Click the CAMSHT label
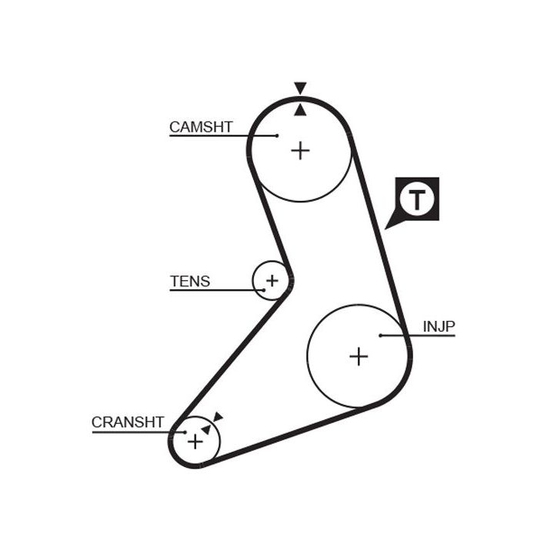point(201,127)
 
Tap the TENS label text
point(189,282)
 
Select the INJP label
point(439,327)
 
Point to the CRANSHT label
point(128,422)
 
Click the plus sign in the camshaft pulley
point(300,149)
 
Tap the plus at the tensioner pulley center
point(272,280)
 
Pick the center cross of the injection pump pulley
point(359,356)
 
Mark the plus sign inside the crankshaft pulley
point(195,442)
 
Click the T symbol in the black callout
point(416,199)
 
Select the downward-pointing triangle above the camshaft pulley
point(300,88)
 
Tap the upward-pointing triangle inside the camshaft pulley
point(300,110)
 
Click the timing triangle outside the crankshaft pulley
point(218,417)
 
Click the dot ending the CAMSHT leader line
point(276,136)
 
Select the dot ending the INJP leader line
point(381,335)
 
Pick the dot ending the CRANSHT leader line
point(185,432)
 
